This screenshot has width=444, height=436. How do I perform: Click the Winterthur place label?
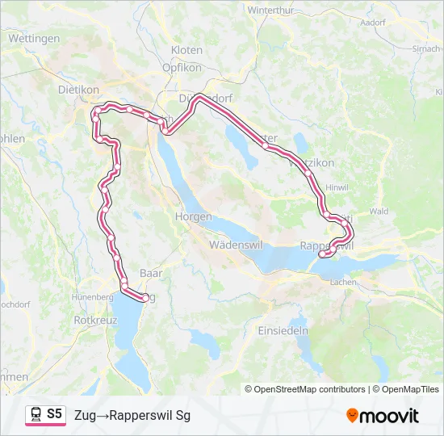(274, 10)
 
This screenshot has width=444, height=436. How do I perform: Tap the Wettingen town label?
(34, 38)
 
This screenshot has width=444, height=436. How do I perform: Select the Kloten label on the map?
(186, 50)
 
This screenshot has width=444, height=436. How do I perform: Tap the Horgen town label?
(193, 217)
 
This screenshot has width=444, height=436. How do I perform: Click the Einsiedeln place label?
(283, 331)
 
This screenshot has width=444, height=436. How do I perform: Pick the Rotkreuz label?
(96, 320)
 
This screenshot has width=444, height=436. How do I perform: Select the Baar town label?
(151, 274)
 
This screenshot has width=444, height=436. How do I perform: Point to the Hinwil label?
(335, 187)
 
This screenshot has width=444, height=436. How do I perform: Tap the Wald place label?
(378, 211)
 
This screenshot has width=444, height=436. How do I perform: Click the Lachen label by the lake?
(343, 282)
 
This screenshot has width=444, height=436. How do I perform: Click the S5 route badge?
(54, 414)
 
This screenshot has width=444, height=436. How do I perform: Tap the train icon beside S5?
(36, 415)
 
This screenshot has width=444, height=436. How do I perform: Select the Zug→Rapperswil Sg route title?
(132, 416)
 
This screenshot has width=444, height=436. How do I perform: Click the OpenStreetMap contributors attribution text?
(307, 389)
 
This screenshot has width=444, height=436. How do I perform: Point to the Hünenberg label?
(92, 296)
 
